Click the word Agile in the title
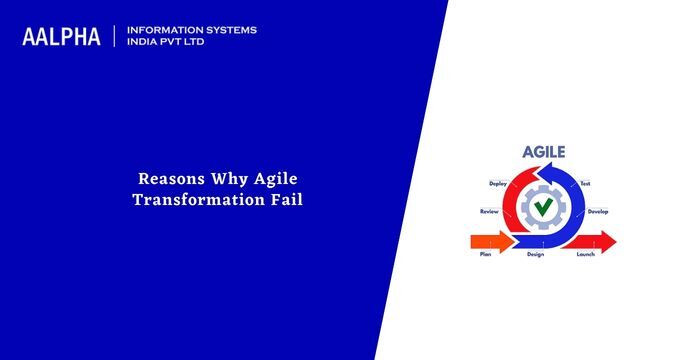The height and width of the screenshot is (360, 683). click(271, 180)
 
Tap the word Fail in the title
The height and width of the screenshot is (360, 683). click(285, 199)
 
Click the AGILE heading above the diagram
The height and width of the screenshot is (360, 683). click(543, 153)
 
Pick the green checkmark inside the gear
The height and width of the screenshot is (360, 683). click(543, 208)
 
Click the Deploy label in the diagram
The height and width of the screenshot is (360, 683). click(498, 185)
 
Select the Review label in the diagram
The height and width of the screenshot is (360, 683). click(489, 212)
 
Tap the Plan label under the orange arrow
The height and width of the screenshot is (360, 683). click(485, 255)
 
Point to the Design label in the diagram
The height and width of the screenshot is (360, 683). click(535, 255)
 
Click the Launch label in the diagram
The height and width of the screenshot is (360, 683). click(586, 255)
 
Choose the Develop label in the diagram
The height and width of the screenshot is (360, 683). click(598, 212)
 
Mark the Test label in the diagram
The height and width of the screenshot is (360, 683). click(586, 185)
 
